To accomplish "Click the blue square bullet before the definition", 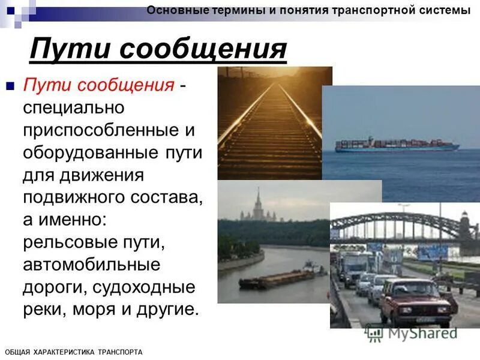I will coord(9,86).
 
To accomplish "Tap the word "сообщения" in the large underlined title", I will coord(203,49).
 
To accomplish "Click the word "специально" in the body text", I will coord(73,108).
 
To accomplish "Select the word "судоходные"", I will coord(143,287).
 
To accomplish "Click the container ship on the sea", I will coord(397,145).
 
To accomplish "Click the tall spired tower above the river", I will coord(258,204).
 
